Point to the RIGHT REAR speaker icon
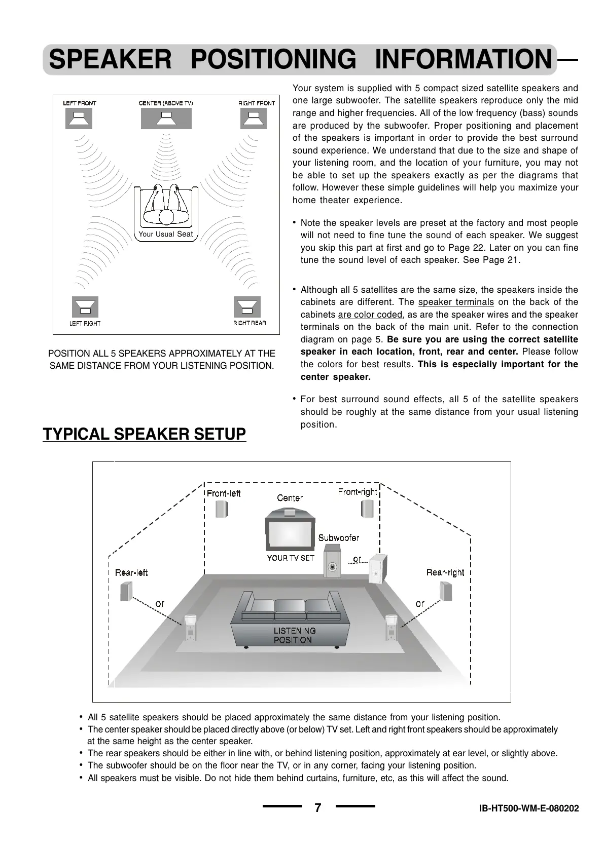coord(247,307)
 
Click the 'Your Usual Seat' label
coord(166,234)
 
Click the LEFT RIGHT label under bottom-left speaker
coord(85,323)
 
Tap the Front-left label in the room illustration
coord(223,493)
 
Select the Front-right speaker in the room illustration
coord(367,509)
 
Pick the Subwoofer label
coord(338,538)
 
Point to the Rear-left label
coord(131,573)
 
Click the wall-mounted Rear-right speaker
coord(445,591)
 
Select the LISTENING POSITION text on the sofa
coord(294,635)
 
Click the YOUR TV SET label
coord(291,558)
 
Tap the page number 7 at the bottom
coord(318,807)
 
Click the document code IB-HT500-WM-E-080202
coord(528,808)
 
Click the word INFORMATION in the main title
coord(463,59)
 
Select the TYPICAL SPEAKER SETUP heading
coord(145,434)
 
